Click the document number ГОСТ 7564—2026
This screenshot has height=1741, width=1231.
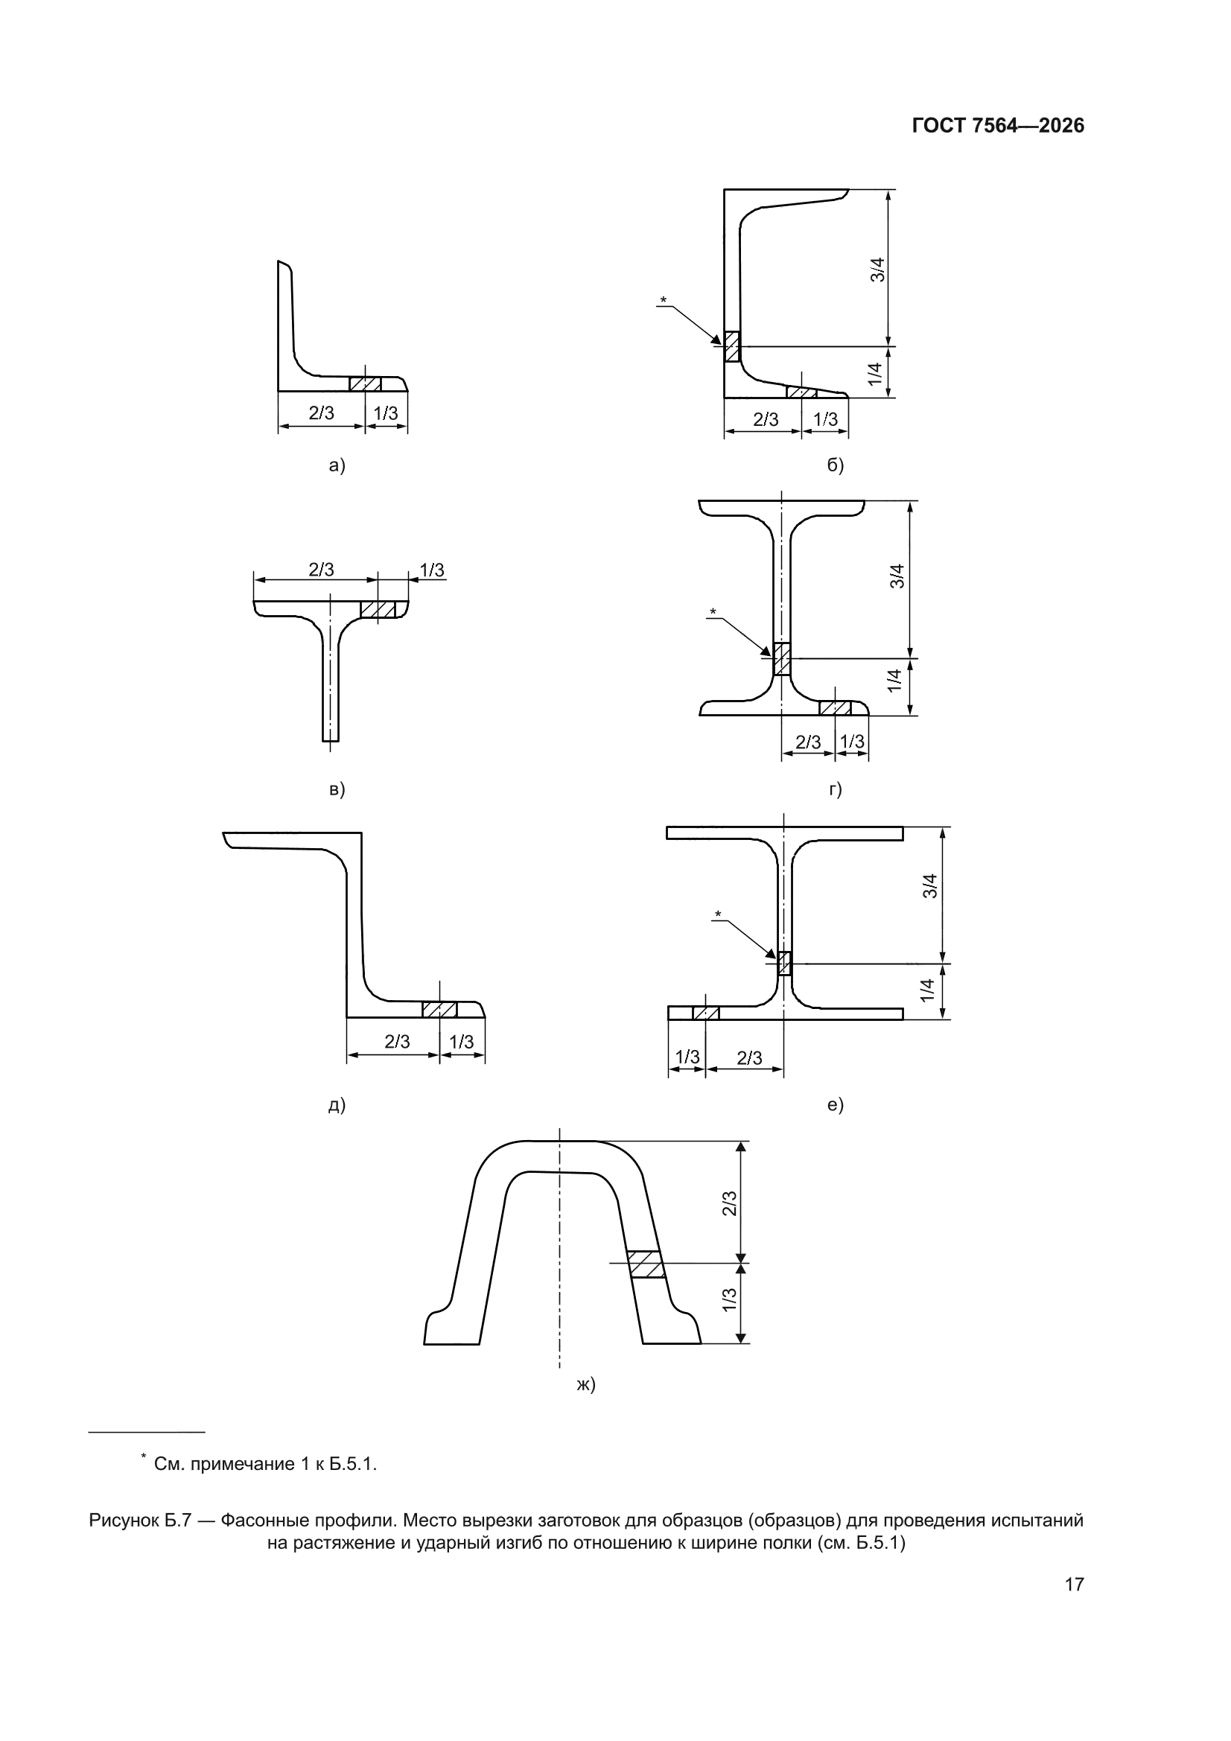pyautogui.click(x=997, y=126)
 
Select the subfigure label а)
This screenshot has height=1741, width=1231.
pyautogui.click(x=337, y=465)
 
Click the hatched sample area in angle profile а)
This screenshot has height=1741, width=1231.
pyautogui.click(x=365, y=383)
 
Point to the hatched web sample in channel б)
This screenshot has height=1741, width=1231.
pyautogui.click(x=731, y=346)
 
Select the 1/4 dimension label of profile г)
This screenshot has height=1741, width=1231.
pyautogui.click(x=895, y=680)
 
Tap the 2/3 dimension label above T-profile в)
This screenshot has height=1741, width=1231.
pyautogui.click(x=321, y=570)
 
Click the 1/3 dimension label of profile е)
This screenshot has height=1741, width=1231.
pyautogui.click(x=687, y=1057)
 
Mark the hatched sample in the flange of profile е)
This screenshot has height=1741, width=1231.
pyautogui.click(x=705, y=1013)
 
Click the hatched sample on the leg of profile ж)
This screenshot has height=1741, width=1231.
pyautogui.click(x=646, y=1264)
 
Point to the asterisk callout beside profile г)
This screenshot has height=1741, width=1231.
pyautogui.click(x=712, y=612)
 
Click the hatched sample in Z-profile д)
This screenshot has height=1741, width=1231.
pyautogui.click(x=440, y=1009)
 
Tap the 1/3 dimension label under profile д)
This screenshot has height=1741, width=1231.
pyautogui.click(x=461, y=1042)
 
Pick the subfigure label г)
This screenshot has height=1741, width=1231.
pyautogui.click(x=835, y=789)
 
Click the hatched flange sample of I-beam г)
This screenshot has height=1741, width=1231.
pyautogui.click(x=835, y=708)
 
